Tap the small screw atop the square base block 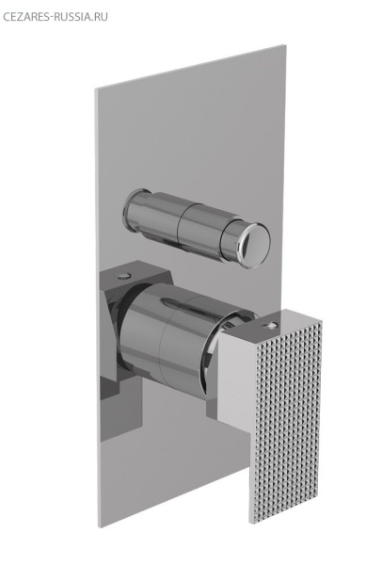click(123, 276)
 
